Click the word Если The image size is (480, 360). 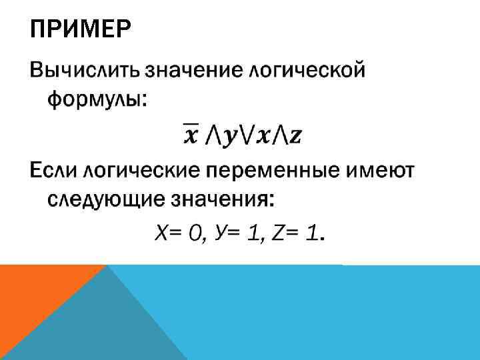point(53,170)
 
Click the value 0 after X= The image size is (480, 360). point(195,233)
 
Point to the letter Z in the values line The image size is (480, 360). point(279,233)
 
